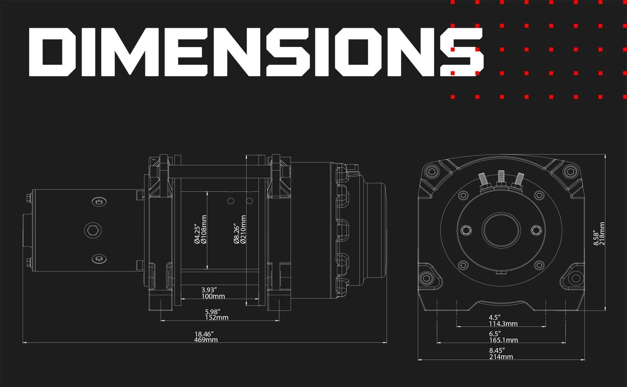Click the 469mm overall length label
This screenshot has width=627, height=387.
tap(206, 340)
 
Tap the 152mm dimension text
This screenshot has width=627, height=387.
tap(217, 317)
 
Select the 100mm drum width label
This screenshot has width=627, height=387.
tap(213, 296)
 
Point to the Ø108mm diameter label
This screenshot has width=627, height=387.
tap(204, 229)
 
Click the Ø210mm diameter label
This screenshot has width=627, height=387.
tap(243, 229)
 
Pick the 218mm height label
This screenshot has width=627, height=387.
tap(602, 234)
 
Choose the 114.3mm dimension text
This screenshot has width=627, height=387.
tap(503, 324)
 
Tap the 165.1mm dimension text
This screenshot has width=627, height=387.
tap(503, 340)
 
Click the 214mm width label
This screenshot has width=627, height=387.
tap(501, 357)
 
